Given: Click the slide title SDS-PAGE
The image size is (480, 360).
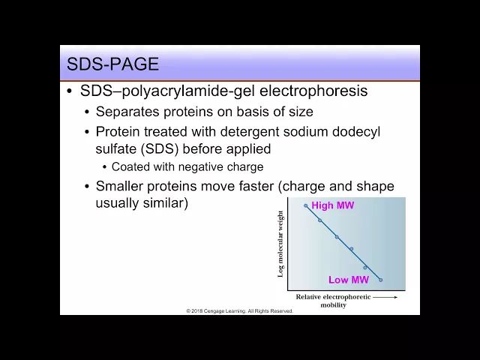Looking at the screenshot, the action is (112, 64).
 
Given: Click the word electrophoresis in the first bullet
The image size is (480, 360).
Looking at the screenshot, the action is (313, 91).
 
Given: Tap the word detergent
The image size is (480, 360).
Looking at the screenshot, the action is (250, 132).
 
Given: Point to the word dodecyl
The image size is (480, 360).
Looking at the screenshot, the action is (356, 132).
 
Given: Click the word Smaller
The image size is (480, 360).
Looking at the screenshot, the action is (119, 186).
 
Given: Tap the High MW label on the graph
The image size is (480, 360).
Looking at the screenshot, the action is (332, 205).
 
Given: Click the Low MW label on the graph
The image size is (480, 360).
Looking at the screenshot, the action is (348, 280).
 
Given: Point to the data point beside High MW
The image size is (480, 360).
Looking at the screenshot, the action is (305, 205).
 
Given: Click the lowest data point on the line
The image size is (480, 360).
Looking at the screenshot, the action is (380, 280).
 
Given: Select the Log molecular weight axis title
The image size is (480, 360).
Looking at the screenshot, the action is (280, 244).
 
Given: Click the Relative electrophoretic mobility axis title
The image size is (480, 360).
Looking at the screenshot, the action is (333, 301).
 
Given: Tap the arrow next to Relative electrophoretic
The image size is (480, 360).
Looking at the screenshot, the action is (385, 297).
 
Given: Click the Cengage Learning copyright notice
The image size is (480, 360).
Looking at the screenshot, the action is (240, 311).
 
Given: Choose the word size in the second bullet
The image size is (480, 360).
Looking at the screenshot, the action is (301, 112).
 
